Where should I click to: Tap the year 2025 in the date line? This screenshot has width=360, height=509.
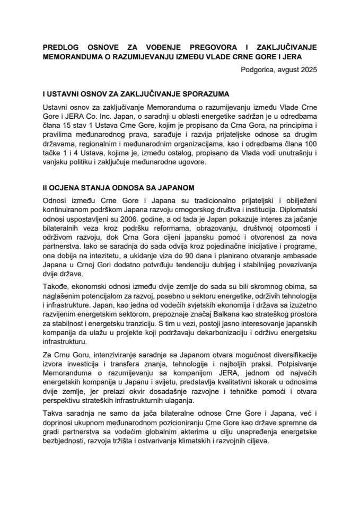click(308, 68)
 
